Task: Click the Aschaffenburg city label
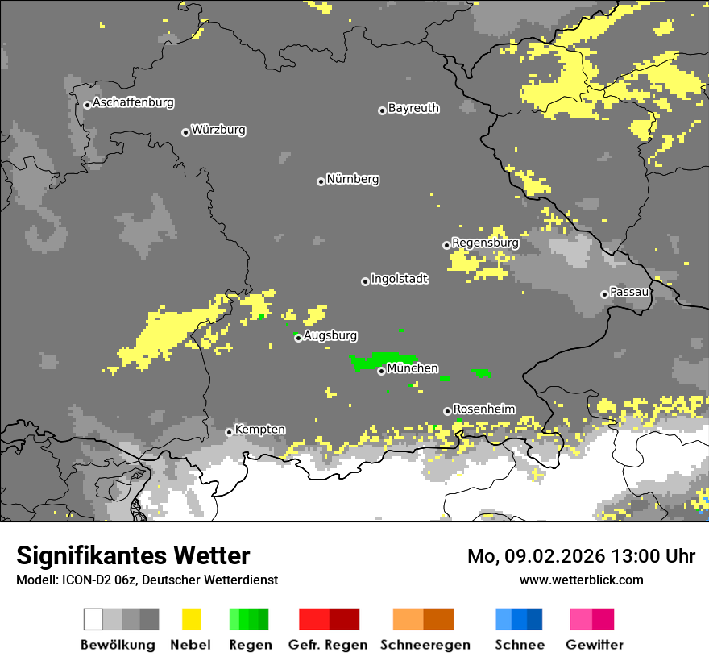pos(133,103)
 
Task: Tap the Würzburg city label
pos(218,131)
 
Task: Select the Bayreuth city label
pos(413,108)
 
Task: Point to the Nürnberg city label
pos(352,180)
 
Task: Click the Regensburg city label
pos(485,243)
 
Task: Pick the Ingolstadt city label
pos(400,280)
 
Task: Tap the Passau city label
pos(630,292)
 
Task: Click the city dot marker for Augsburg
pos(298,338)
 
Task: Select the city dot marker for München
pos(381,371)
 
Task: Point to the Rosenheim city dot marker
pos(447,411)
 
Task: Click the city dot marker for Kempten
pos(229,432)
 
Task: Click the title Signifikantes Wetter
pos(133,556)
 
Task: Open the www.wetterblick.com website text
pos(581,580)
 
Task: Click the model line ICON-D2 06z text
pos(147,580)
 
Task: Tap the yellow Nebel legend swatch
pos(191,619)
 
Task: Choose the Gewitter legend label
pos(594,645)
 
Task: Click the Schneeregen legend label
pos(424,645)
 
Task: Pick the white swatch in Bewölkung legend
pos(93,619)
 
